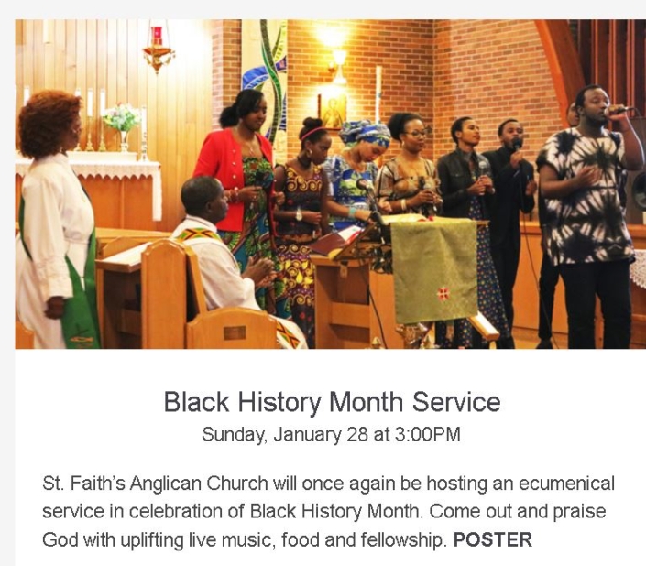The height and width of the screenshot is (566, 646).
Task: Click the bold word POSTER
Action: pyautogui.click(x=493, y=539)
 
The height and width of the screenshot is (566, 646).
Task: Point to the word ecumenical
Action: pyautogui.click(x=566, y=484)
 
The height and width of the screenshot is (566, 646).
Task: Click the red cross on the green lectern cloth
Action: pyautogui.click(x=443, y=294)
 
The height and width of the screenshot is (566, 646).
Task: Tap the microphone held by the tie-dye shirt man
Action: pyautogui.click(x=619, y=110)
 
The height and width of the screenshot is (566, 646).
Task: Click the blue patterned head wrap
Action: pyautogui.click(x=365, y=134)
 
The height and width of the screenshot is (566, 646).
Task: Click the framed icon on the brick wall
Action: pyautogui.click(x=332, y=112)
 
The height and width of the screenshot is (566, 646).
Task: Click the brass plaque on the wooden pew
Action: pyautogui.click(x=235, y=332)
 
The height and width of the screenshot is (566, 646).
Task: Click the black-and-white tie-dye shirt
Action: pyautogui.click(x=585, y=195)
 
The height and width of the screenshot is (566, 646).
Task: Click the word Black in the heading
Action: pyautogui.click(x=196, y=401)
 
